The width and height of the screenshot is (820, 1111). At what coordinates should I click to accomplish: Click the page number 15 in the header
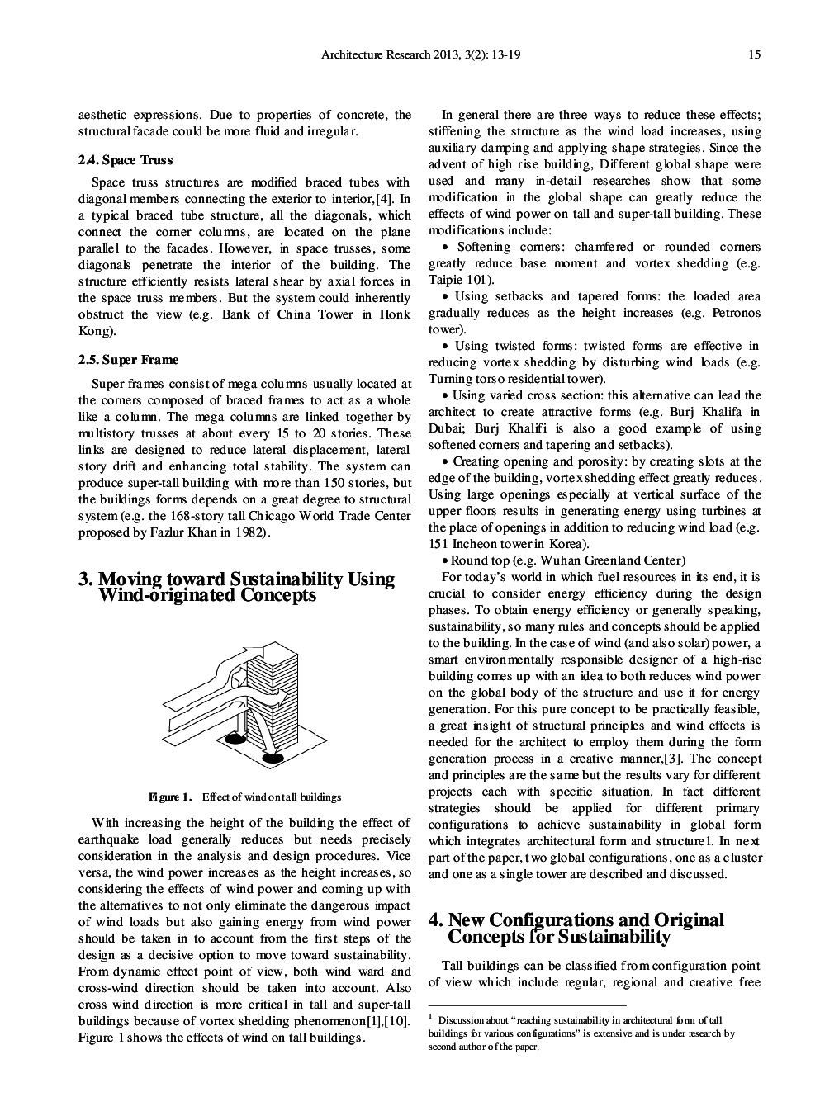point(754,55)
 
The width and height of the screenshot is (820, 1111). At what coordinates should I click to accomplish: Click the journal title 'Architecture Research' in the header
point(370,55)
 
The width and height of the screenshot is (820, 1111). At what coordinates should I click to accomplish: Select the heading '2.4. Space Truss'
point(126,160)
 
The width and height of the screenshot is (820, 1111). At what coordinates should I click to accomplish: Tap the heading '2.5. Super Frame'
point(128,360)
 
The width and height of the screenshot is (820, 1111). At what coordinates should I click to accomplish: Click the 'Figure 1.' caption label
point(170,797)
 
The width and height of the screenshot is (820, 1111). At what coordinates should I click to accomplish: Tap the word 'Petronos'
point(732,313)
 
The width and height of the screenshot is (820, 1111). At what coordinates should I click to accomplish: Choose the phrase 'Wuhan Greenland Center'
point(613,560)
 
